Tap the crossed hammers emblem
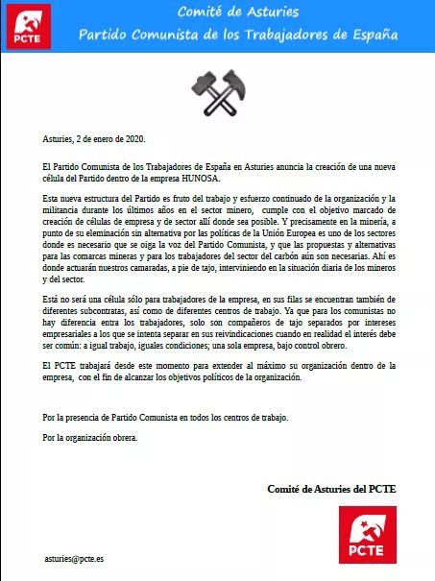pos(218,89)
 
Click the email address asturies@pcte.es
pos(75,558)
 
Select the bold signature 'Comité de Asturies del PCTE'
pos(331,489)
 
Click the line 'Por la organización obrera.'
pos(91,437)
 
